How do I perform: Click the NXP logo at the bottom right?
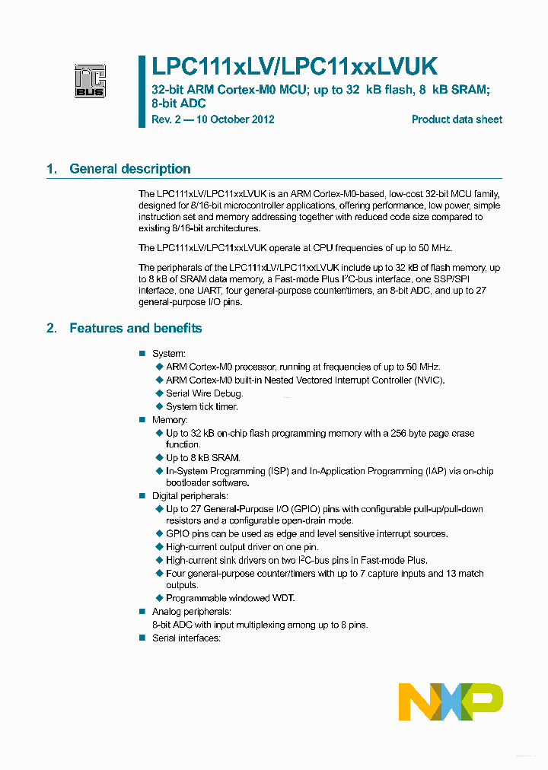(x=451, y=701)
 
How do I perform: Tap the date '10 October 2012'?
(x=235, y=119)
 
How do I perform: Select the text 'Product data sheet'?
(x=457, y=119)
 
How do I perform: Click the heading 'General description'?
(x=130, y=169)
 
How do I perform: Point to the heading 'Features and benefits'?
(x=135, y=329)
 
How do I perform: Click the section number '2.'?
(x=52, y=329)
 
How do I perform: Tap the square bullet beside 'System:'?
(x=142, y=354)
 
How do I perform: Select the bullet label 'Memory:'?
(x=170, y=420)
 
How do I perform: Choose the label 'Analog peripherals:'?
(x=191, y=612)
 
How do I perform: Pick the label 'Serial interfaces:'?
(x=186, y=638)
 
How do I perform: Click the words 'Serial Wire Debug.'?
(x=205, y=393)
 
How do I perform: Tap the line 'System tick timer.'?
(x=202, y=406)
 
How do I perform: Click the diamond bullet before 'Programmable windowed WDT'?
(x=159, y=598)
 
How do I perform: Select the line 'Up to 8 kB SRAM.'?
(x=202, y=458)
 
